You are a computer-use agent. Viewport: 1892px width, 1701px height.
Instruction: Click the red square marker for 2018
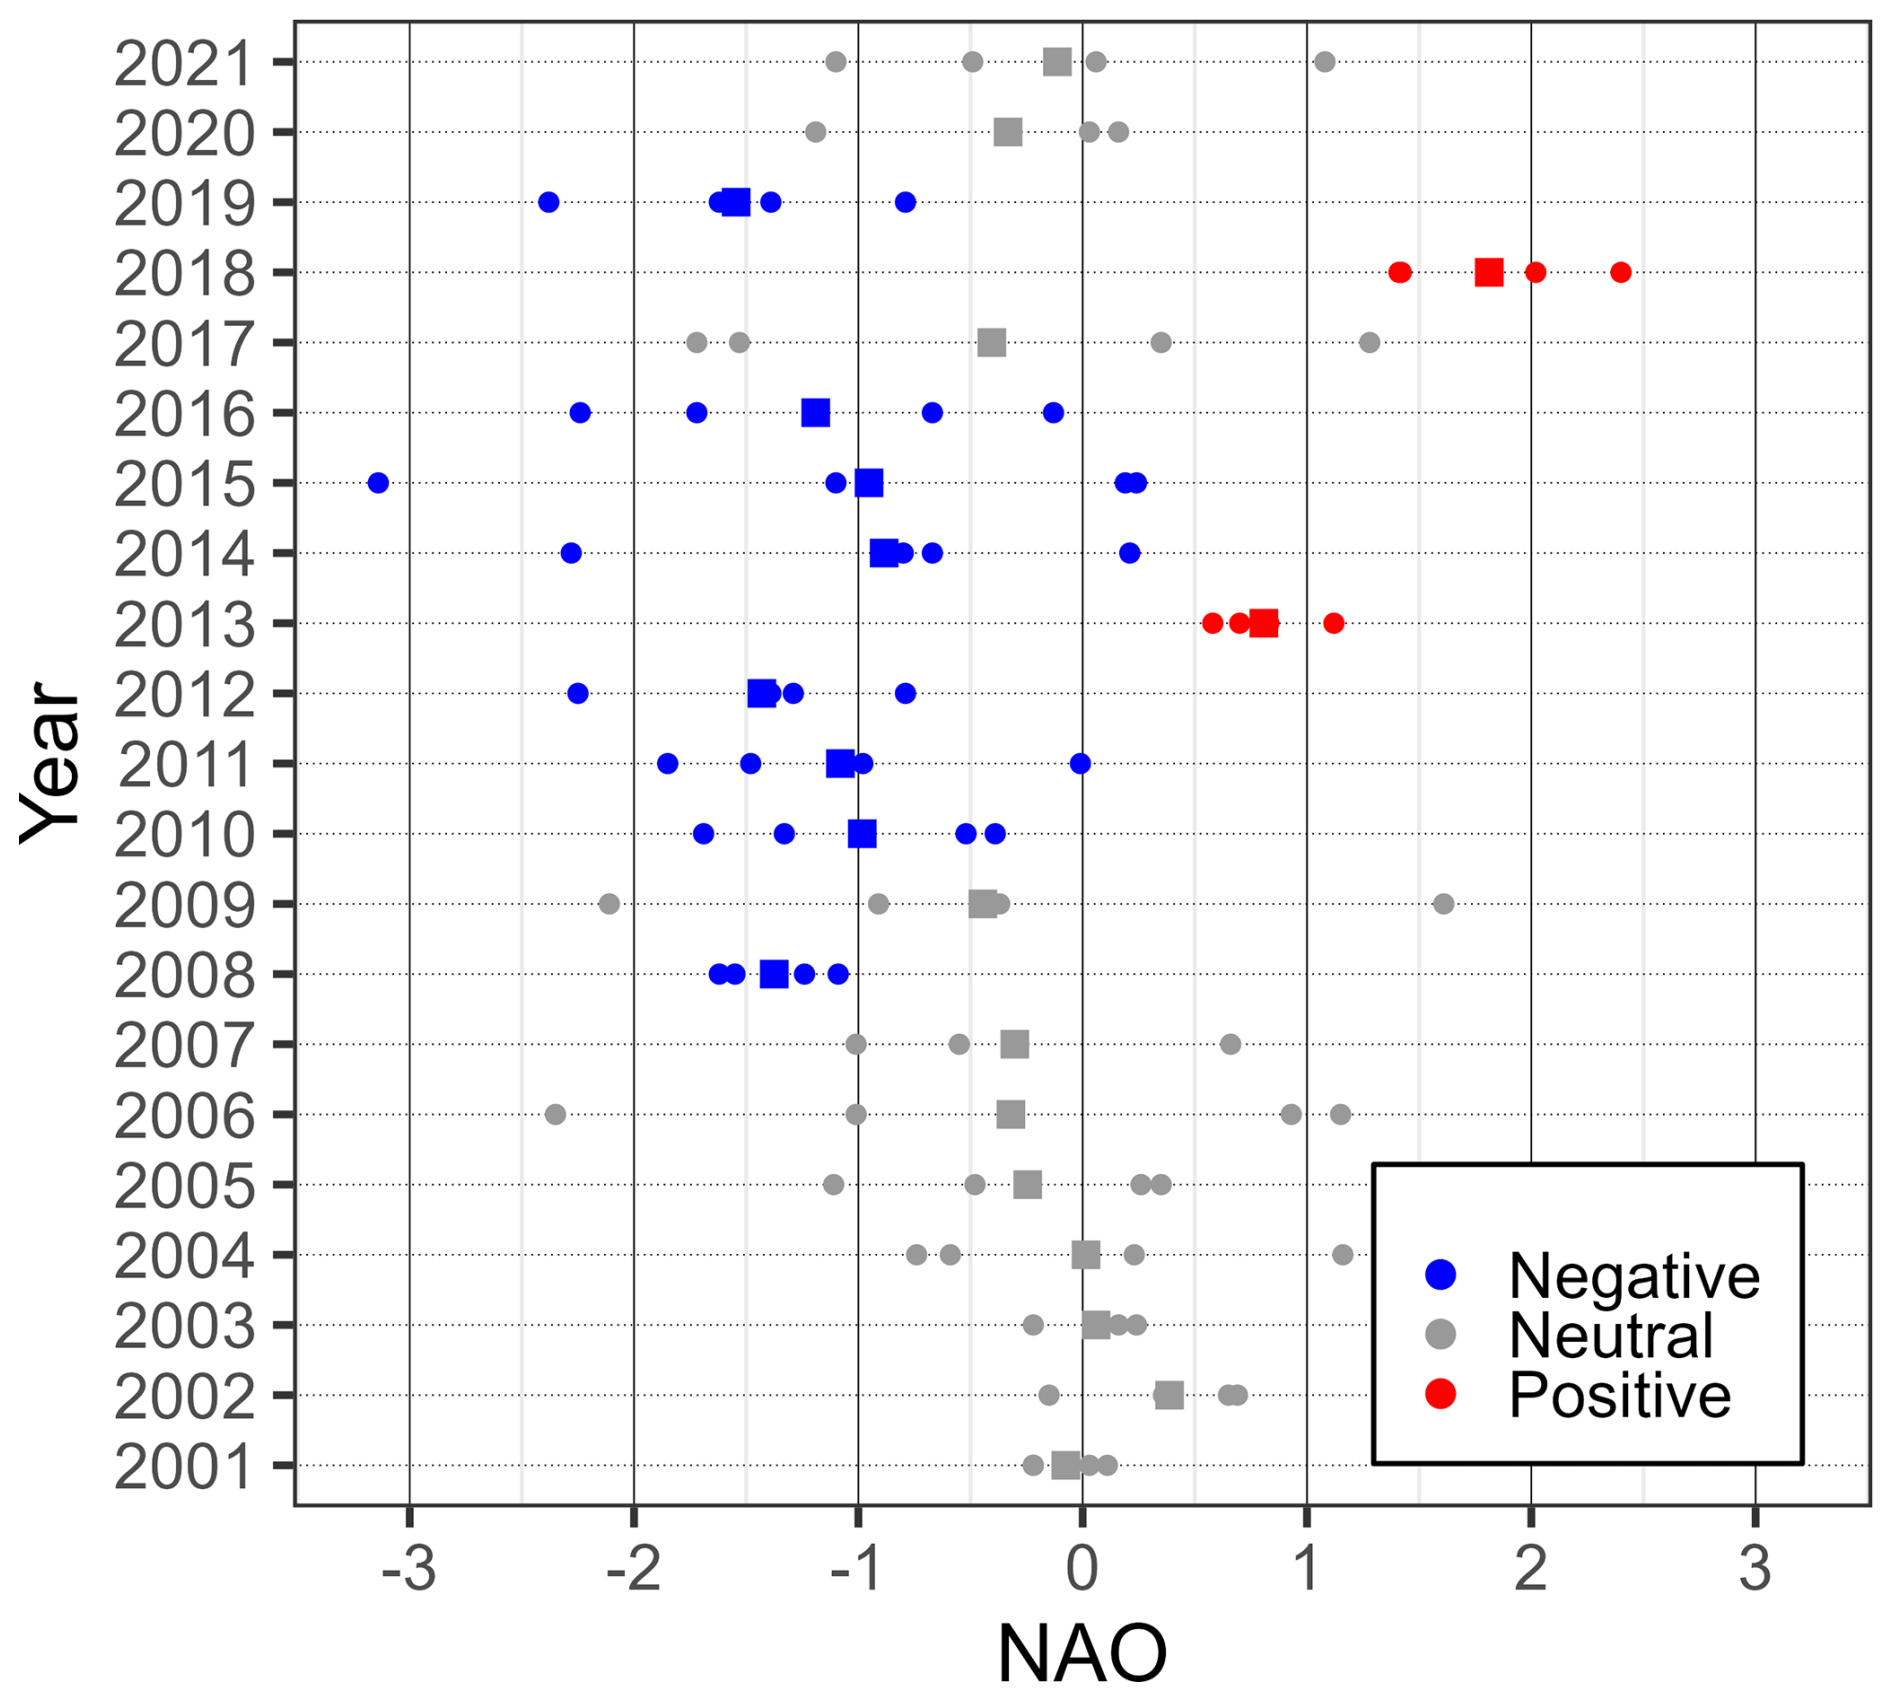point(1488,272)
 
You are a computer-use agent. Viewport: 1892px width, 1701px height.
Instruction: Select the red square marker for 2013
point(1263,623)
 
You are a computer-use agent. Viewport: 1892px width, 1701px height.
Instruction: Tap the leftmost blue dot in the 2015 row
point(378,483)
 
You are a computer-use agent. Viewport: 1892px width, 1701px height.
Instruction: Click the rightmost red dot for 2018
point(1621,272)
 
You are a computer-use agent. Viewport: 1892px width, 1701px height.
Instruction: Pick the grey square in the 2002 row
point(1168,1395)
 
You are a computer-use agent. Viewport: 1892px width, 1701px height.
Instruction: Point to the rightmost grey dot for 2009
point(1443,904)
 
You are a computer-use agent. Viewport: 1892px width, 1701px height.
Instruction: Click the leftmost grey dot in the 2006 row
point(555,1114)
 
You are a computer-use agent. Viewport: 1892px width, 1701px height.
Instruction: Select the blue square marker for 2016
point(815,412)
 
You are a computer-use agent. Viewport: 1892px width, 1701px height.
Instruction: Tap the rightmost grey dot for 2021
point(1324,62)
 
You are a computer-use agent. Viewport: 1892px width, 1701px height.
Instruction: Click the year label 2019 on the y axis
point(184,204)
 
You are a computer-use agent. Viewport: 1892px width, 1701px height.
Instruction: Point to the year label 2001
point(184,1467)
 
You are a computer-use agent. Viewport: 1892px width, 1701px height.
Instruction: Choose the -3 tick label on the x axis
point(409,1570)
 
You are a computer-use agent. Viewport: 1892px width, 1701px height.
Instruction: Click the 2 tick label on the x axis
point(1530,1570)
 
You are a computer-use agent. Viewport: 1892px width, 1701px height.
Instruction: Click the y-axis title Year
point(50,762)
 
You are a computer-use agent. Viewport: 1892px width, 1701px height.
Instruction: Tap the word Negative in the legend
point(1634,1276)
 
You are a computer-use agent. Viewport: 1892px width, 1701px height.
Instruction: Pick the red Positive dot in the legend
point(1440,1394)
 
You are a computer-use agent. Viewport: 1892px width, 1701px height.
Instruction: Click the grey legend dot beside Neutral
point(1440,1334)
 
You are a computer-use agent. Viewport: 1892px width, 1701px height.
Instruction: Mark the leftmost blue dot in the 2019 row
point(548,202)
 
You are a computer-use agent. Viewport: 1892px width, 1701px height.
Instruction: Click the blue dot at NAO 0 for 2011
point(1080,764)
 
